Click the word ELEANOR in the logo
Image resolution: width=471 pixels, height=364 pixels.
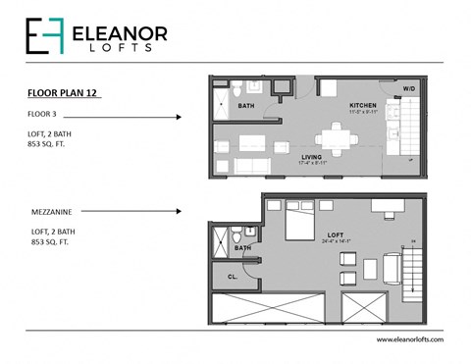tap(121, 32)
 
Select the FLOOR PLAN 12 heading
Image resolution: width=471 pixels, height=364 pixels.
tap(63, 94)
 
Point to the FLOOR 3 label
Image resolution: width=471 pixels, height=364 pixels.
tap(41, 115)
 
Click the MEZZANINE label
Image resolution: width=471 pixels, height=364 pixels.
tap(50, 209)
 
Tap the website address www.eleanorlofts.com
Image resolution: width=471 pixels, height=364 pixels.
tap(409, 339)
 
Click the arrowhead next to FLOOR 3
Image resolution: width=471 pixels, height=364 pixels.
tap(179, 117)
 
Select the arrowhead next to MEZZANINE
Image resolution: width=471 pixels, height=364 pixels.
tap(179, 210)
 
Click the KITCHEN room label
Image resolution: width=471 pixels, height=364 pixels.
tap(364, 104)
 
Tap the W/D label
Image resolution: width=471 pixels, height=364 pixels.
tap(408, 88)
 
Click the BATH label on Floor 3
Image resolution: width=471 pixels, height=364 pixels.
tap(246, 107)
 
